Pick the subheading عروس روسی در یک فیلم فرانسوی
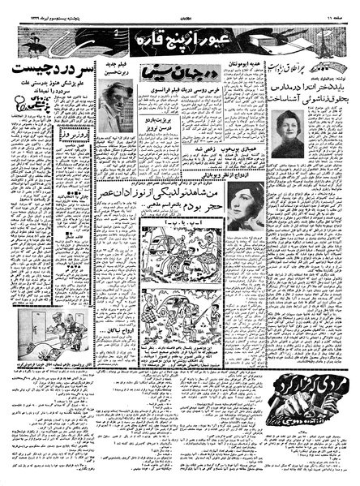[167, 88]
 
